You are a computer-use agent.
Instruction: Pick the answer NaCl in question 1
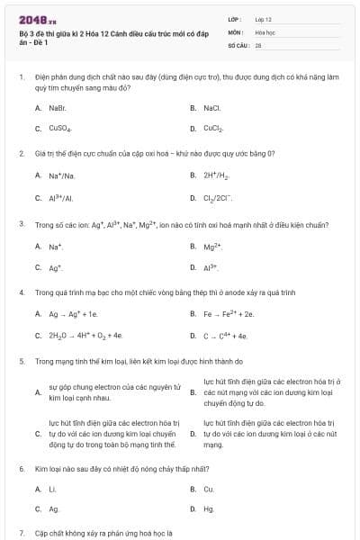click(x=211, y=108)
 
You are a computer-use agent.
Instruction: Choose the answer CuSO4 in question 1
click(x=59, y=129)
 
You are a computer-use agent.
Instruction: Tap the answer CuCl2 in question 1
click(x=213, y=129)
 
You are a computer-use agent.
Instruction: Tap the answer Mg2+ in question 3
click(x=212, y=246)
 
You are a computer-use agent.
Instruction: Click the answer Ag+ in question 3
click(x=56, y=267)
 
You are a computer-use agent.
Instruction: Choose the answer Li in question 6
click(x=52, y=489)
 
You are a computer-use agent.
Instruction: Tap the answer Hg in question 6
click(x=209, y=509)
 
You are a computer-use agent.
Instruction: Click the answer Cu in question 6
click(x=209, y=489)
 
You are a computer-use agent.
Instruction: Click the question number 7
click(x=22, y=534)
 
